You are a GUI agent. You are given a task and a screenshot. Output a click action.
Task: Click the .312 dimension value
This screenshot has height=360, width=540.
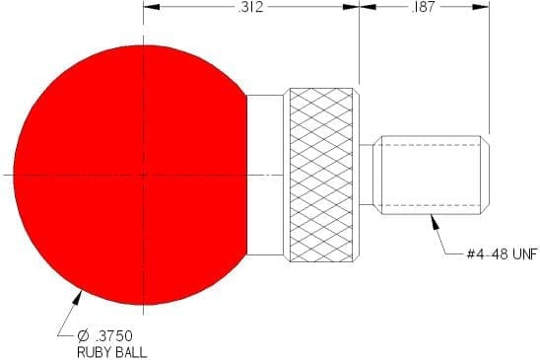click(250, 7)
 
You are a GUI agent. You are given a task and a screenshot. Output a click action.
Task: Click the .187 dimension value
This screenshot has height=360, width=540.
click(423, 7)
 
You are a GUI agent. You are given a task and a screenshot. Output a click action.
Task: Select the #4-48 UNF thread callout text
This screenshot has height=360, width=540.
click(502, 254)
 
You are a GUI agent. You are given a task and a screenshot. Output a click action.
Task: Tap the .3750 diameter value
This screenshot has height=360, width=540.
click(112, 335)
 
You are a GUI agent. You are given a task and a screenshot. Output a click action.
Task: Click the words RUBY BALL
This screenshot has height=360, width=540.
click(112, 352)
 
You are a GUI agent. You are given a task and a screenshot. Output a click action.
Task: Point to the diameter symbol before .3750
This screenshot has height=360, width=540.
click(83, 335)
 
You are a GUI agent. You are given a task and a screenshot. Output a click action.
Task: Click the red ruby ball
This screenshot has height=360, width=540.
click(131, 176)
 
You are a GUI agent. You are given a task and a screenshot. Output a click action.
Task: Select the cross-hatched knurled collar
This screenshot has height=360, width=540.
click(321, 176)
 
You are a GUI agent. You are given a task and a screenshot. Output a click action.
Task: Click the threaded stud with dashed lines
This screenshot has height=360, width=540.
click(432, 176)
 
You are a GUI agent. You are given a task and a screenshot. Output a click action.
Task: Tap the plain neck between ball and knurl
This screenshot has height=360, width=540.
click(265, 176)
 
